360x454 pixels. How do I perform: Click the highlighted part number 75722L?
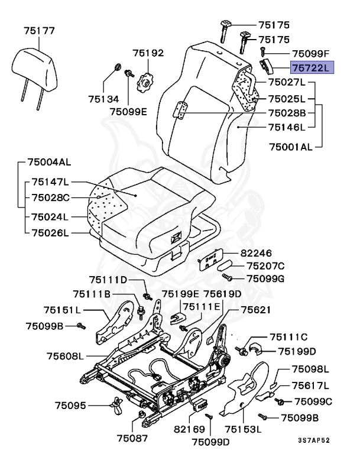pos(312,68)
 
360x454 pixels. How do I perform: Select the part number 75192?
pos(147,53)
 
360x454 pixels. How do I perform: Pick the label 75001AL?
pos(290,146)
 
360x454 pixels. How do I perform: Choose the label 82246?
pos(255,252)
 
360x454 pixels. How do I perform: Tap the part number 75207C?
pos(265,266)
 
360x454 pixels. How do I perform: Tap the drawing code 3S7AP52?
pos(313,440)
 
